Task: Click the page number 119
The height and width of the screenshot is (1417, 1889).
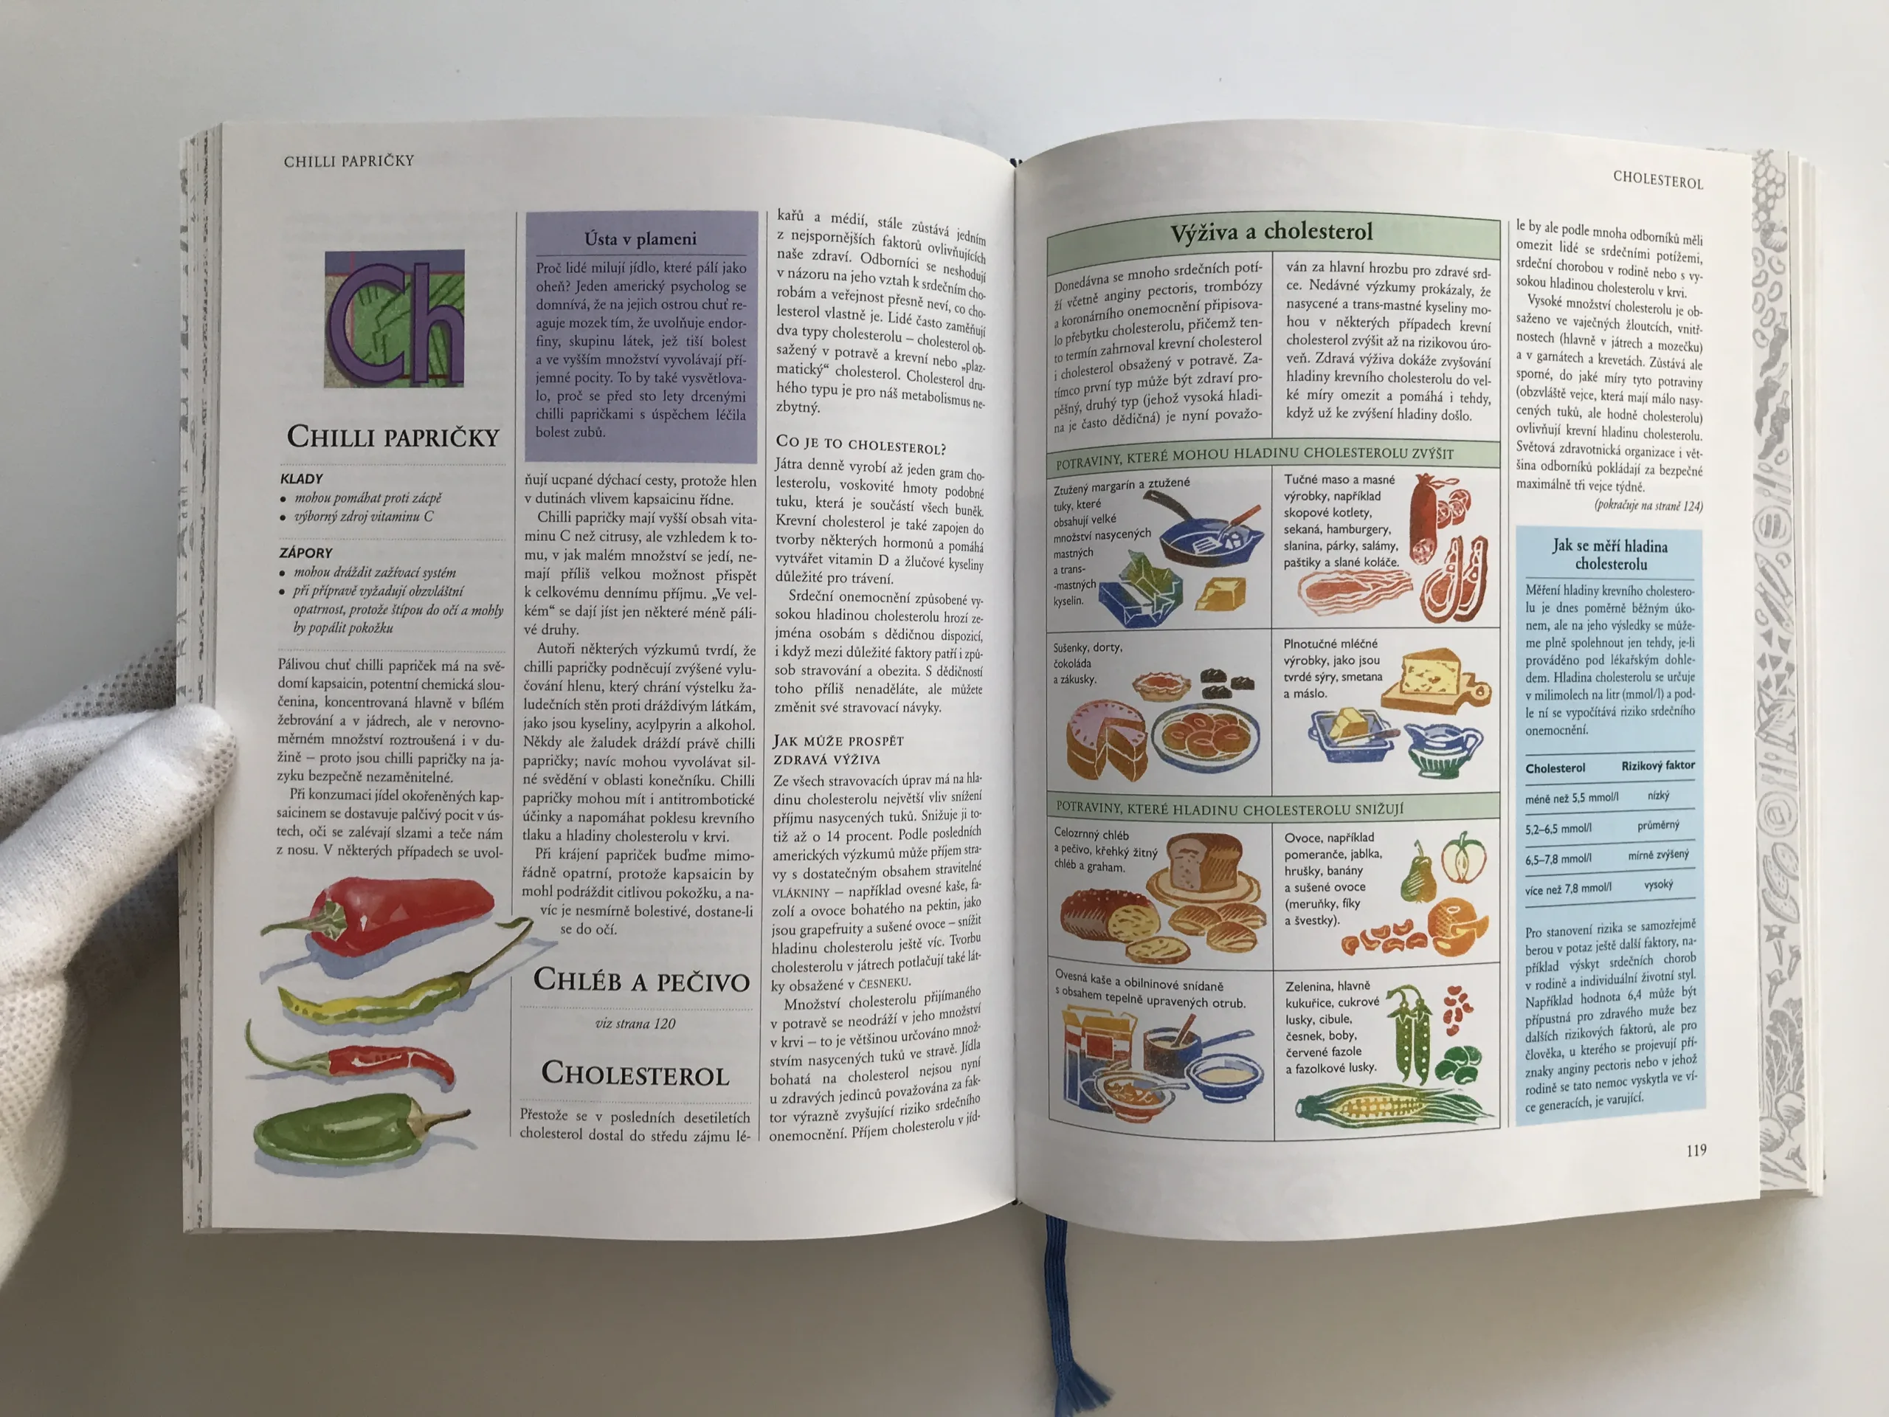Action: click(x=1696, y=1151)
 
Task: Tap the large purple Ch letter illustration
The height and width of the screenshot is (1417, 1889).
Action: click(x=395, y=319)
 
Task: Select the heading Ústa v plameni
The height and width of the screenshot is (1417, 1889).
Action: click(x=640, y=238)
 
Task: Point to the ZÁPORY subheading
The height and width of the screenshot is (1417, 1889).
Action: click(x=305, y=553)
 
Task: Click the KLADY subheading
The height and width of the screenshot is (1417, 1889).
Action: click(x=302, y=478)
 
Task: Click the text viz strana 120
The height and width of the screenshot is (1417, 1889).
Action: click(x=635, y=1023)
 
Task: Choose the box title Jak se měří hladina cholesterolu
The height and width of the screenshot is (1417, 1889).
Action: click(x=1610, y=554)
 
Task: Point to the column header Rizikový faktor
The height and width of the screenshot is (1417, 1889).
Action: click(x=1657, y=765)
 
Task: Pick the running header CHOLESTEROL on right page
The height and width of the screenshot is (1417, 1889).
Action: click(x=1657, y=180)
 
